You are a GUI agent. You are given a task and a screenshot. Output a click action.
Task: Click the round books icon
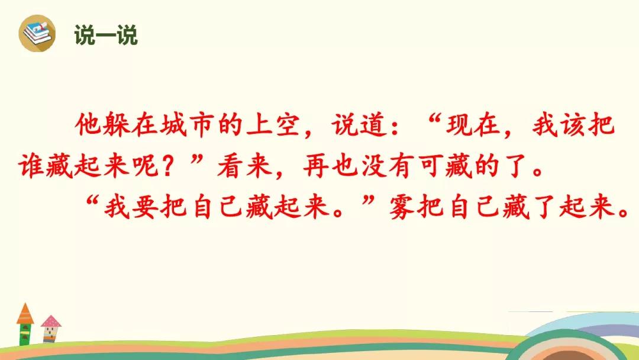click(x=37, y=33)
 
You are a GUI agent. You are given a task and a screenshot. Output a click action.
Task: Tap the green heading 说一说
click(x=106, y=35)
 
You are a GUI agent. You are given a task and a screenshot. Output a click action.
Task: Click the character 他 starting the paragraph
click(x=88, y=124)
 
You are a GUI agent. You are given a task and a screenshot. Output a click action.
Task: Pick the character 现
click(x=459, y=124)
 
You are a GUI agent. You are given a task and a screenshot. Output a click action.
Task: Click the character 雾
click(x=402, y=207)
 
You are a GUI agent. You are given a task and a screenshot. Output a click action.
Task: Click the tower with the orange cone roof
click(x=25, y=324)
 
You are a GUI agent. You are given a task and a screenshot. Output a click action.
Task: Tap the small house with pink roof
click(x=50, y=329)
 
